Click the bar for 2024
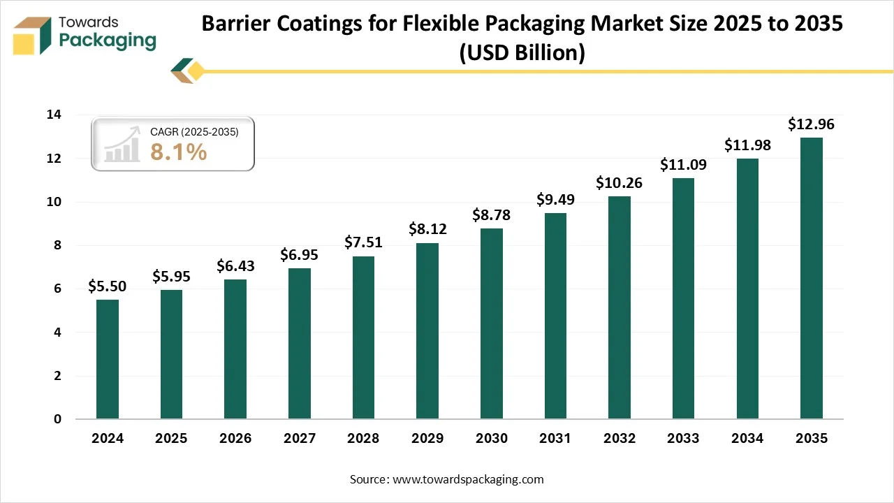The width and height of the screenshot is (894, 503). [x=108, y=359]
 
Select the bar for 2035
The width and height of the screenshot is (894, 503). [x=811, y=278]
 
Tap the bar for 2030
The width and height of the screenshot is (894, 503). [x=491, y=323]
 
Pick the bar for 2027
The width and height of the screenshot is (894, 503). [x=300, y=344]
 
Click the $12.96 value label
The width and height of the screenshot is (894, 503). [x=811, y=125]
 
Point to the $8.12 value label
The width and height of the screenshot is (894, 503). [x=427, y=229]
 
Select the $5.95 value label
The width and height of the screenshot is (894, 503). [x=172, y=277]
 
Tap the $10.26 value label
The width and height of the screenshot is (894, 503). [x=619, y=183]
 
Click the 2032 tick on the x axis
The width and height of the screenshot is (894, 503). [x=619, y=439]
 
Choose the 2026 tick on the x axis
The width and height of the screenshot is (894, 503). [x=235, y=439]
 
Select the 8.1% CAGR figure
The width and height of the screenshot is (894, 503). [x=179, y=152]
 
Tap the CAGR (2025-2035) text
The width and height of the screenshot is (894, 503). [x=194, y=131]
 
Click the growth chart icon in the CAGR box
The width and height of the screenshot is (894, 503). [x=122, y=145]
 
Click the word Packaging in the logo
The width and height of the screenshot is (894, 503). [x=108, y=41]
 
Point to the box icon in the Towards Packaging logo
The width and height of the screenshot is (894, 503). [x=33, y=36]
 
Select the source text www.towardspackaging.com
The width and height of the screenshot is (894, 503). [x=467, y=479]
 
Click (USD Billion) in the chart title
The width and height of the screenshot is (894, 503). [x=522, y=52]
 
